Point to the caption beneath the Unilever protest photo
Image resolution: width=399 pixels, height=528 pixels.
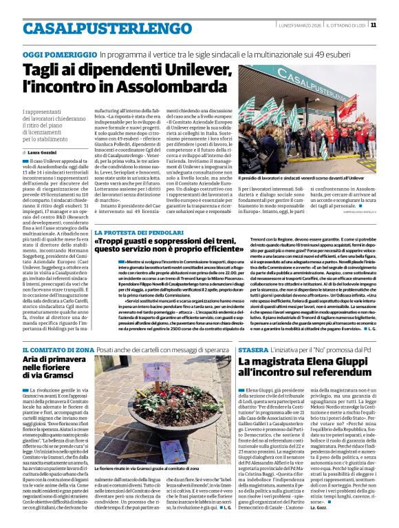point(316,178)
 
